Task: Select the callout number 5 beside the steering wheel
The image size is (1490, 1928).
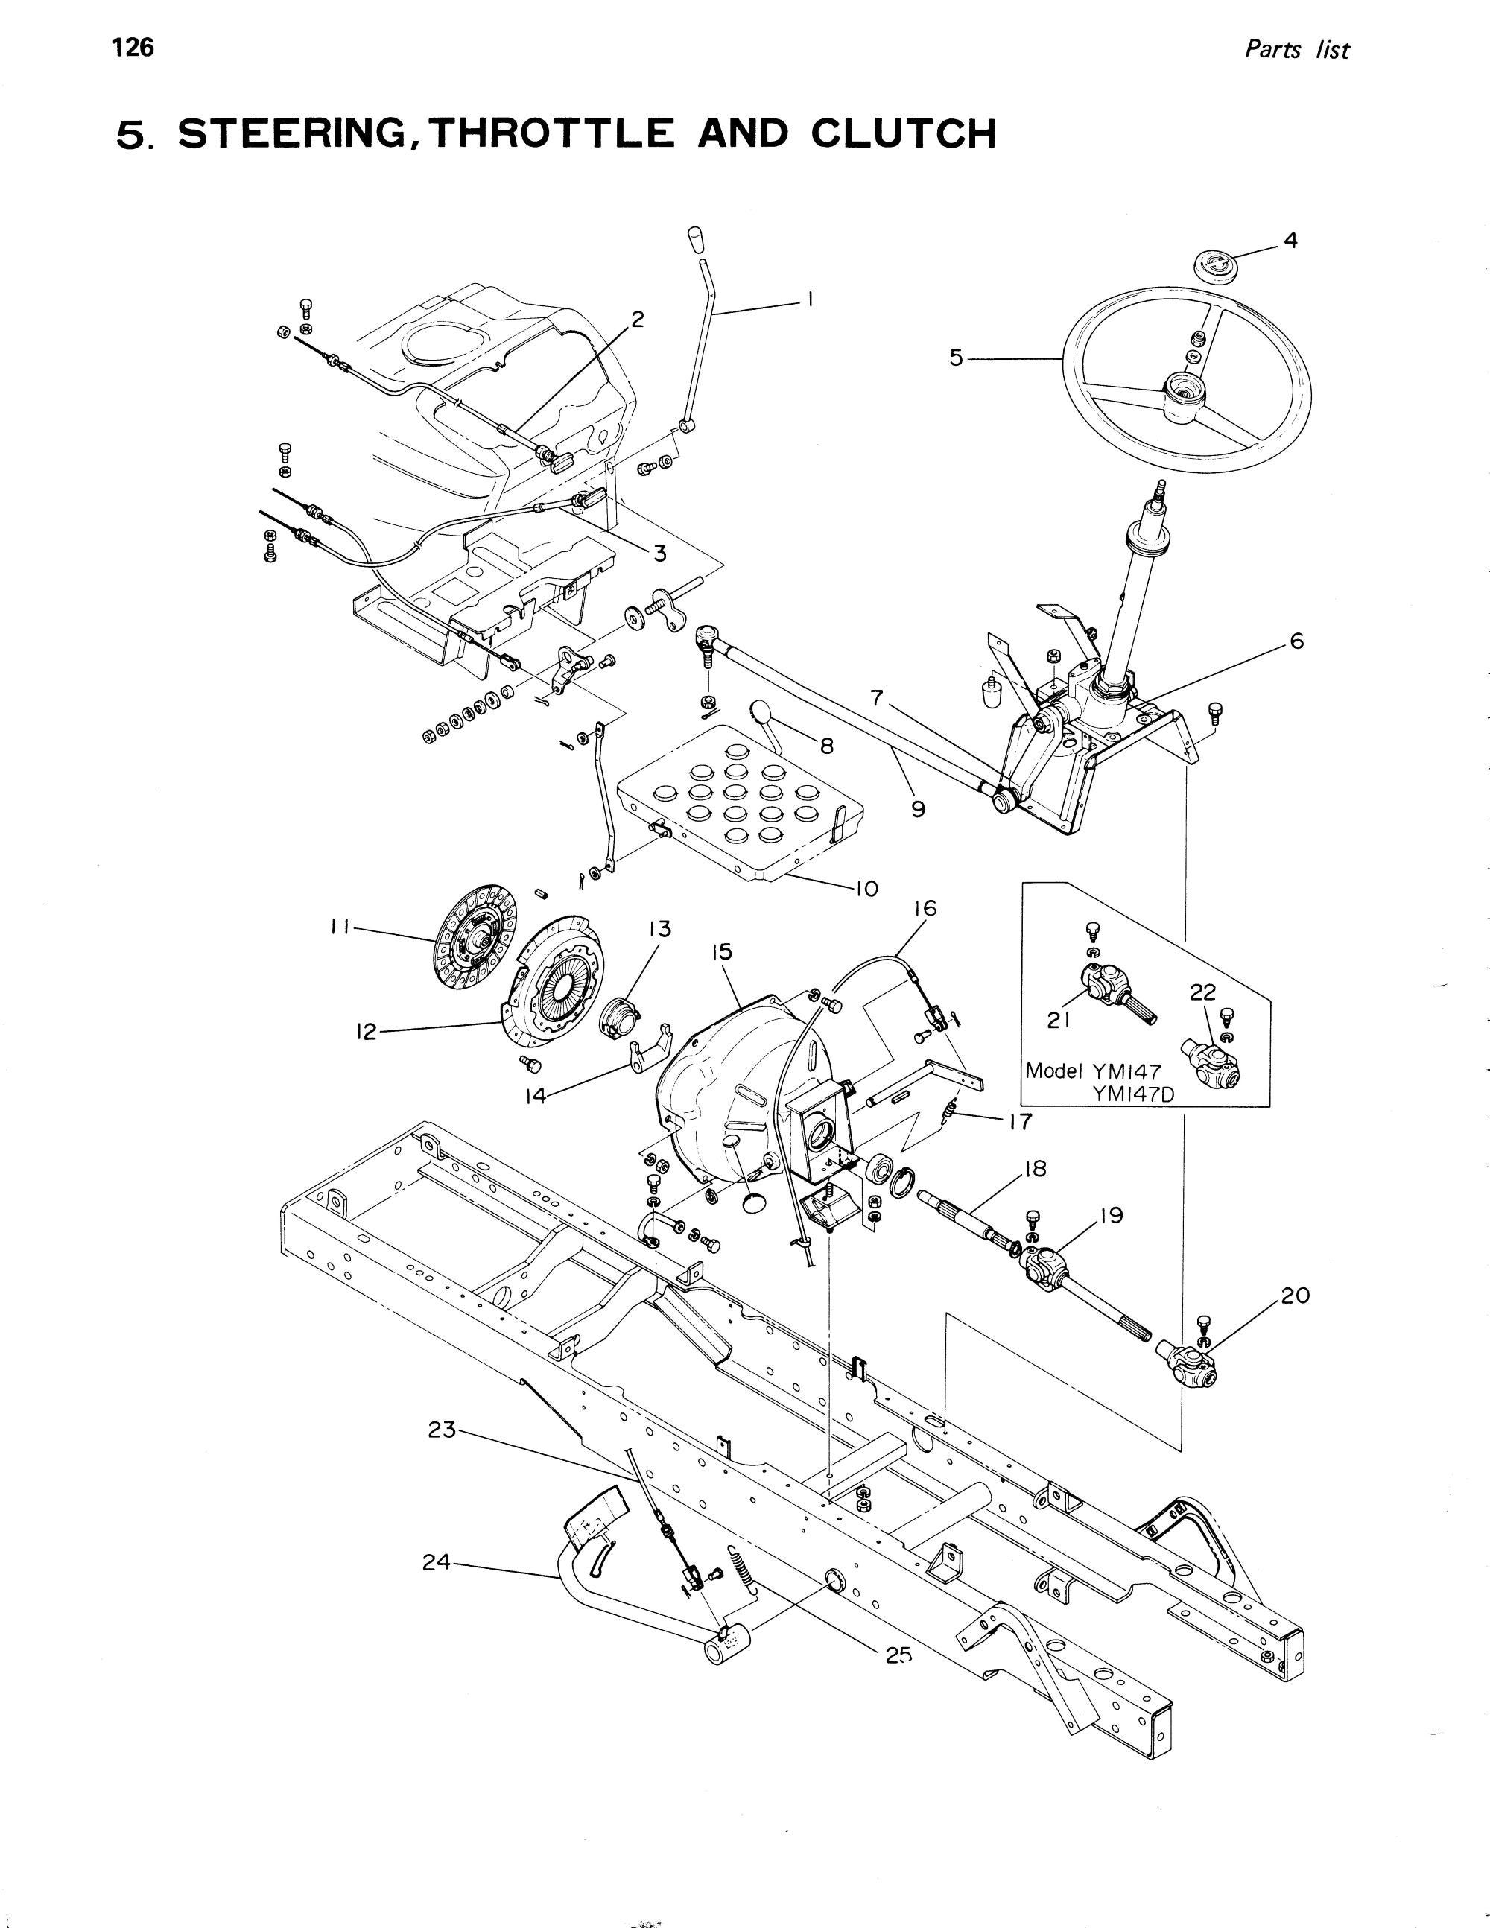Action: [x=957, y=358]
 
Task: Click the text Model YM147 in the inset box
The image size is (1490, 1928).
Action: [x=1081, y=1071]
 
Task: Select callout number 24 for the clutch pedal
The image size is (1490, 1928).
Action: [x=437, y=1562]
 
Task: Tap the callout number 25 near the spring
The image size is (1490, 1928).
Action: [x=898, y=1656]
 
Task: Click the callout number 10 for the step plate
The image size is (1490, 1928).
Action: [x=865, y=888]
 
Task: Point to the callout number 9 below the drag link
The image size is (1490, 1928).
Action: [x=918, y=808]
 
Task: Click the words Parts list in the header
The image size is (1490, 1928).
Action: [x=1296, y=51]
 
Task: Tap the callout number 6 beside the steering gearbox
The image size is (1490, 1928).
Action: [x=1296, y=641]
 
